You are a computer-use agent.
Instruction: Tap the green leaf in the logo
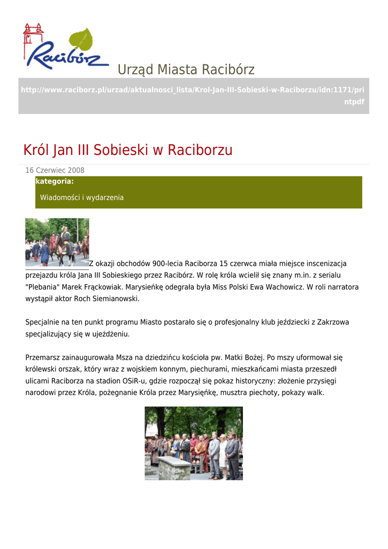pos(81,40)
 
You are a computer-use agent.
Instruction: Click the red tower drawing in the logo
pos(33,38)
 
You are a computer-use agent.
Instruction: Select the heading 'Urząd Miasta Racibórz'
pos(186,70)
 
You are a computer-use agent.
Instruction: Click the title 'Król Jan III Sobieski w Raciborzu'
pos(128,150)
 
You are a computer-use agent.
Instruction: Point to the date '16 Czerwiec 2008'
pos(55,170)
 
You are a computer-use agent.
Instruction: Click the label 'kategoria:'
pos(55,182)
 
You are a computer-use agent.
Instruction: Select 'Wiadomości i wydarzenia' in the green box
pos(82,198)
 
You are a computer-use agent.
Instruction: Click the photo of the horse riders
pos(57,242)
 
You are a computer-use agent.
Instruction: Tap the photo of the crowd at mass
pos(194,443)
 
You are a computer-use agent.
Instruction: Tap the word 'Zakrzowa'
pos(333,323)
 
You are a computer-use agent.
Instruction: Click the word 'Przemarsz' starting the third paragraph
pos(42,358)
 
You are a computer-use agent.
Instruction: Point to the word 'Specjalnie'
pos(42,323)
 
